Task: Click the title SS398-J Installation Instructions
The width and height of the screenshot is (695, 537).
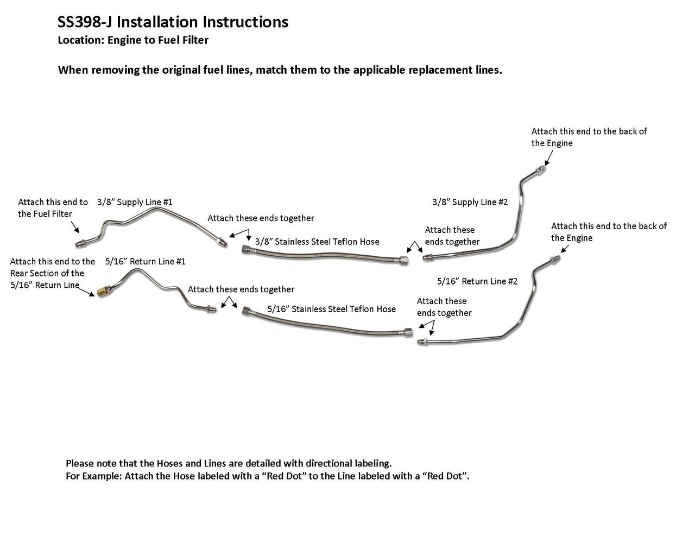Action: coord(173,22)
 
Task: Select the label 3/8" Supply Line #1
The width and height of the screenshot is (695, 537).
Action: coord(135,202)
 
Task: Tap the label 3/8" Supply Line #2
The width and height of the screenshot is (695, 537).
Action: coord(470,202)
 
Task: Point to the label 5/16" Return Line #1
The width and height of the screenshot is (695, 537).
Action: coord(146,261)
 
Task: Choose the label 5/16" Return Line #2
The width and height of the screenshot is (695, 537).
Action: coord(477,281)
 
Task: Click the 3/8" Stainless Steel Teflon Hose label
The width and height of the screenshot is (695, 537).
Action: coord(317,242)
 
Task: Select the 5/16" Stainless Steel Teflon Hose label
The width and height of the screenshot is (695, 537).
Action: coord(331,309)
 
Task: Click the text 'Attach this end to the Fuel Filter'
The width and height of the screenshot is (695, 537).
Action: coord(53,208)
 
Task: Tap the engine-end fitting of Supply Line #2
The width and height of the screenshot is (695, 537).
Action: coord(541,169)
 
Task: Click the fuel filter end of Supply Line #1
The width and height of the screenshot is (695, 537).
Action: coord(80,243)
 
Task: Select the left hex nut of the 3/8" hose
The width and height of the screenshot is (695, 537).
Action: coord(246,250)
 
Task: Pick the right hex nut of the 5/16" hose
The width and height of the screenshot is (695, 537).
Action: coord(408,331)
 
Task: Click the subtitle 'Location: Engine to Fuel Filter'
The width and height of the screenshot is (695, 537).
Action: coord(133,40)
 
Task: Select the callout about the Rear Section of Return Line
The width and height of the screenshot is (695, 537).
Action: coord(52,273)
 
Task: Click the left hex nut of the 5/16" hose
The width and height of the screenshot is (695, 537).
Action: coord(248,312)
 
